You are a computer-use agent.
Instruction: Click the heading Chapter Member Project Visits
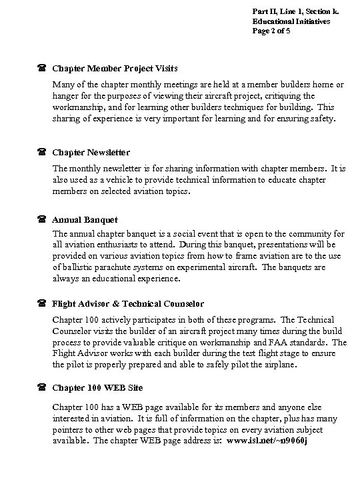(x=115, y=69)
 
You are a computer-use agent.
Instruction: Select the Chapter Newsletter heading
(x=91, y=152)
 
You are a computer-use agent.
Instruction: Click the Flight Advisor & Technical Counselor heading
(x=128, y=304)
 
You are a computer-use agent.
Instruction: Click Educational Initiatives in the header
(x=291, y=21)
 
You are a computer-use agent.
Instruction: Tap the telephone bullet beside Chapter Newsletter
(x=41, y=152)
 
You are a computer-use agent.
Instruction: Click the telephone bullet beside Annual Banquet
(x=41, y=219)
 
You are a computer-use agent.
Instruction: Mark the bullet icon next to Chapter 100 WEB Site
(x=41, y=387)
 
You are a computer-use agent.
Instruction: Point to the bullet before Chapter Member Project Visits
(x=41, y=69)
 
